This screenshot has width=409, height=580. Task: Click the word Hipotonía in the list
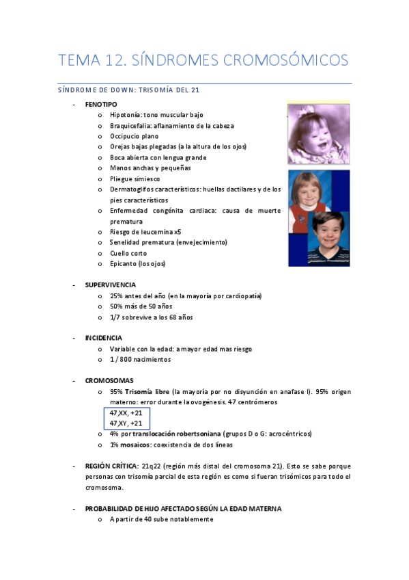coord(125,115)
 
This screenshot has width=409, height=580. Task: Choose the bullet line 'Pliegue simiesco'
coord(134,179)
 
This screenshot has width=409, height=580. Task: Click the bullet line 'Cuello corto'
coord(129,253)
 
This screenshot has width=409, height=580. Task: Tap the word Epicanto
coord(123,263)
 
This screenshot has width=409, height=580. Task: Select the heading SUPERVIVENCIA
coord(111,285)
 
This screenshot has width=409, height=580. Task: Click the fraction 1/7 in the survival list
coord(115,317)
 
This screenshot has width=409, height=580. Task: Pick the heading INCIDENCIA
coord(104,338)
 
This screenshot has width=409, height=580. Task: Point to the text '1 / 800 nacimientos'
coord(140,359)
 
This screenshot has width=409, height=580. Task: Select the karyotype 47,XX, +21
coord(126,413)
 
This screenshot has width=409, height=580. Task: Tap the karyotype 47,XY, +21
coord(126,423)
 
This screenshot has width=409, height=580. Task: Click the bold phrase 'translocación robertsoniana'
coord(177,434)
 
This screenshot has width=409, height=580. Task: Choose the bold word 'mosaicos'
coord(139,445)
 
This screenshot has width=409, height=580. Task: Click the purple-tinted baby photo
coord(318,134)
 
